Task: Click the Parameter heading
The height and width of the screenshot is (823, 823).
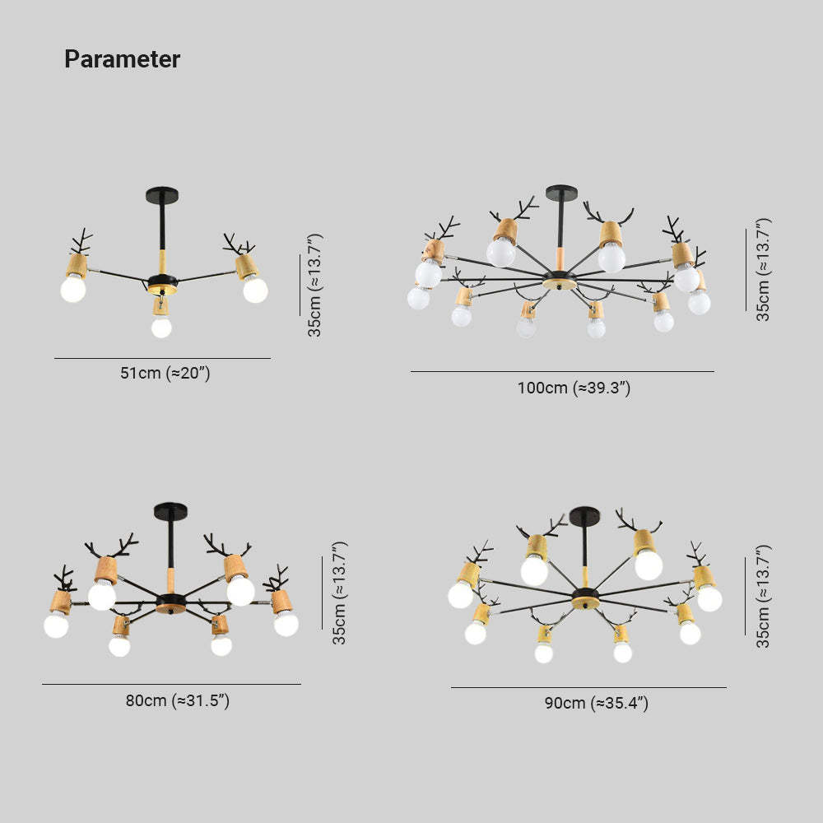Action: pyautogui.click(x=122, y=58)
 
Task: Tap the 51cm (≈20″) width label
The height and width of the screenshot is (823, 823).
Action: pyautogui.click(x=165, y=373)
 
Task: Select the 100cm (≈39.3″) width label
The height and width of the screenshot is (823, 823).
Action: pyautogui.click(x=574, y=388)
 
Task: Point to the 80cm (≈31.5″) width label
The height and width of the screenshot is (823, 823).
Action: pyautogui.click(x=178, y=700)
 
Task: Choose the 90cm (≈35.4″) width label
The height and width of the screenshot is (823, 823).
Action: pyautogui.click(x=596, y=703)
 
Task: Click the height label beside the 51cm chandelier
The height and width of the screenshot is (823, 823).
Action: pyautogui.click(x=314, y=285)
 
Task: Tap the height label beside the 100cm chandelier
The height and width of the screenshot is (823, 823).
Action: pyautogui.click(x=763, y=269)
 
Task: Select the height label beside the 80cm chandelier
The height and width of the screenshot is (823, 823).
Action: pyautogui.click(x=339, y=593)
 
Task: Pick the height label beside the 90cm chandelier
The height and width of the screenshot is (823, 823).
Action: pyautogui.click(x=763, y=596)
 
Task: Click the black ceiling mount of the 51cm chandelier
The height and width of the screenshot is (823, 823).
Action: pyautogui.click(x=163, y=195)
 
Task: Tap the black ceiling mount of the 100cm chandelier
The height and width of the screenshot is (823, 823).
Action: pyautogui.click(x=561, y=192)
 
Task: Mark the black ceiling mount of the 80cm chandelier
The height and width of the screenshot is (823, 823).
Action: pyautogui.click(x=170, y=511)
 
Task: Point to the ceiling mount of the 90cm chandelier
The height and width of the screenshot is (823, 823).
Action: pyautogui.click(x=584, y=515)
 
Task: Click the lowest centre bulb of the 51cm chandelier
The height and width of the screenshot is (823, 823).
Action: pyautogui.click(x=161, y=327)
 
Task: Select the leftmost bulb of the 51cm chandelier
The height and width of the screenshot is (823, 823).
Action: pyautogui.click(x=73, y=289)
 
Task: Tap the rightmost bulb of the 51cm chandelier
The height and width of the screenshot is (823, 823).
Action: pyautogui.click(x=256, y=291)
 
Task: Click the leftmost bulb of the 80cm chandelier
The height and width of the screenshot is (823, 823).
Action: pyautogui.click(x=56, y=625)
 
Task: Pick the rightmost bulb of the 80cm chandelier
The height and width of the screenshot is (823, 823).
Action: pyautogui.click(x=286, y=624)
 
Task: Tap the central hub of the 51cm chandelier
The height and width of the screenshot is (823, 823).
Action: pyautogui.click(x=163, y=284)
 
